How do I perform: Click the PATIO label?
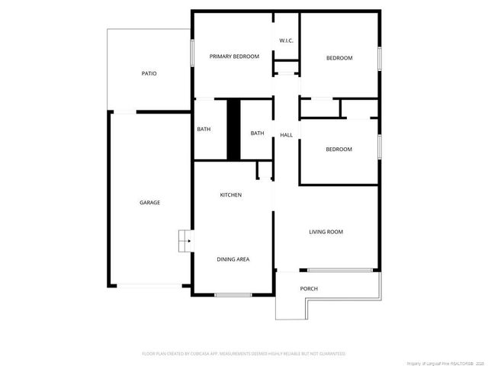coord(149,74)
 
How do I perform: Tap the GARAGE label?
coord(149,202)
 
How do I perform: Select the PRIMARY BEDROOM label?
coord(234,56)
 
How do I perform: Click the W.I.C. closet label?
coord(287,40)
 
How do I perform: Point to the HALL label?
coord(286,135)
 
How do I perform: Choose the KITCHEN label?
coord(231,195)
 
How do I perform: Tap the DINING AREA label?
coord(233,259)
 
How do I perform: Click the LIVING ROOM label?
coord(326,232)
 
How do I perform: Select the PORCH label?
coord(309,288)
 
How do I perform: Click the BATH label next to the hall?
coord(257,133)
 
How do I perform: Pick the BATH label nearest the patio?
coord(204,129)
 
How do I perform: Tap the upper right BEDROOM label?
coord(339,58)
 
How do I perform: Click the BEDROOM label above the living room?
coord(339,149)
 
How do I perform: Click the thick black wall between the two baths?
coord(233,130)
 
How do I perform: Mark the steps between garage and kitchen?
coord(185,241)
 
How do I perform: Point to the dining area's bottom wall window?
coord(233,295)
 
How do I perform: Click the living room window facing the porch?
coord(341,270)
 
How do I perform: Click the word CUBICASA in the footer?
coord(200,354)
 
